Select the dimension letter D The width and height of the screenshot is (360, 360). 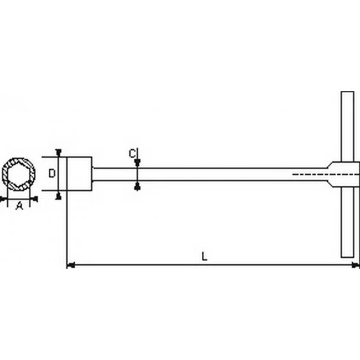coord(53,174)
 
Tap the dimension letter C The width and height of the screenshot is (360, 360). coord(131,154)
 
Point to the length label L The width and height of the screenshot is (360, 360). coord(204,256)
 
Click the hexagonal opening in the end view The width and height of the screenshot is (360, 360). coord(19,174)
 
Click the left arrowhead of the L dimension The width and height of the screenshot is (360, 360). coord(71,264)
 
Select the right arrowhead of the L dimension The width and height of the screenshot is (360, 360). coord(355,264)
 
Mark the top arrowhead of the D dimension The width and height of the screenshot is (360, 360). coord(59,153)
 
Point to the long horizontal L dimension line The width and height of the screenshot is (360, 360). coord(212,264)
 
